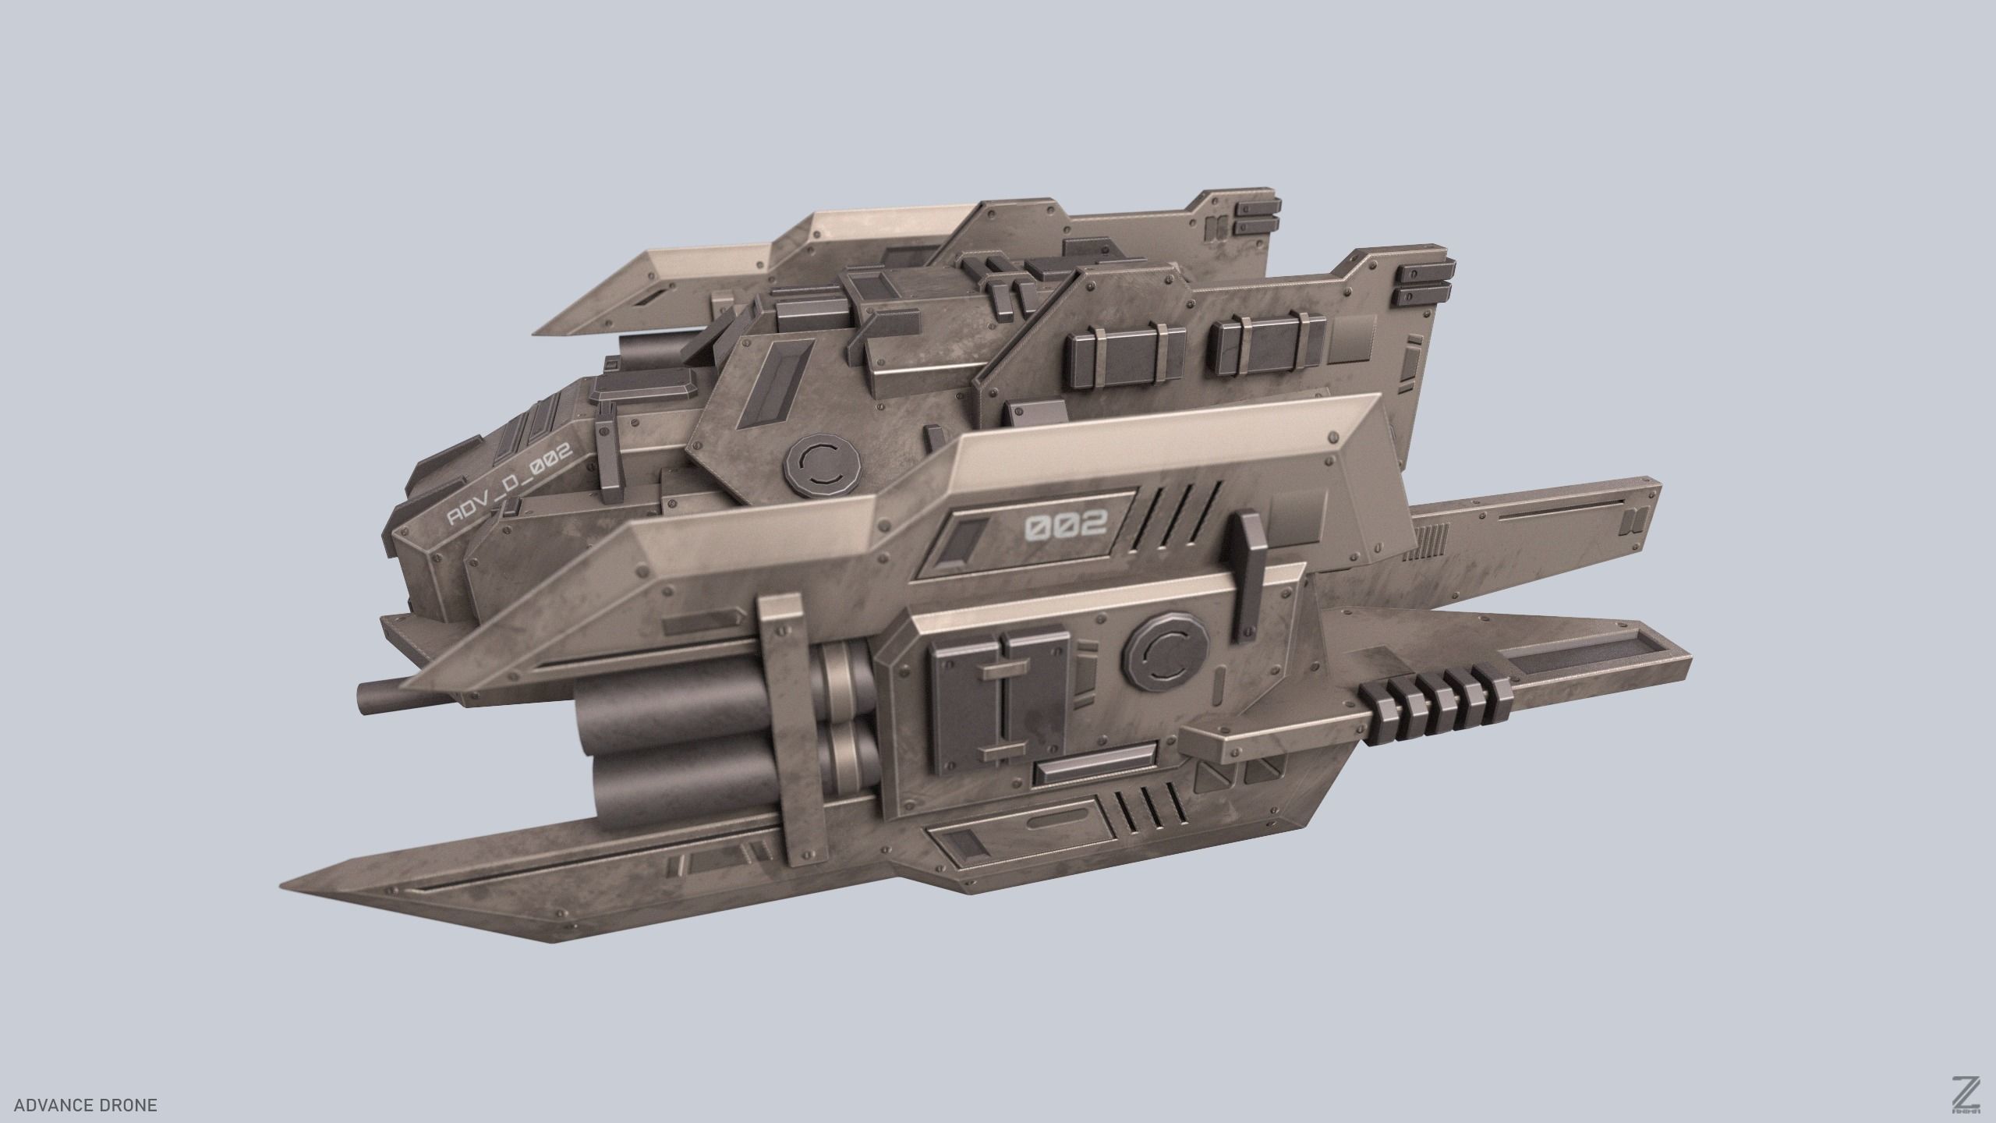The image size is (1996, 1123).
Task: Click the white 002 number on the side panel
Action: [x=1064, y=528]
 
